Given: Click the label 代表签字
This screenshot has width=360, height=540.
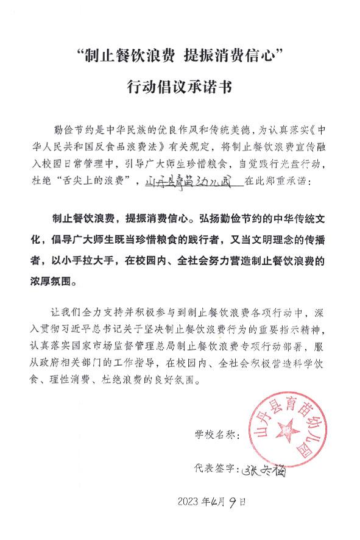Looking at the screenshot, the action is (214, 470).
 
